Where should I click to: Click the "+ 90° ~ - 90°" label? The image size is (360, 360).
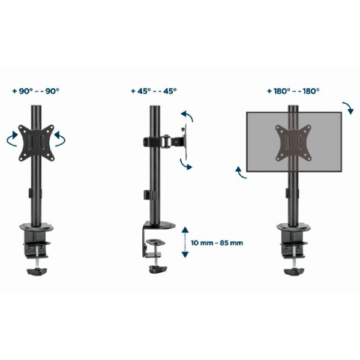(x=36, y=91)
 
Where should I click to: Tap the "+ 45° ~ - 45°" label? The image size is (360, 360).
(x=154, y=91)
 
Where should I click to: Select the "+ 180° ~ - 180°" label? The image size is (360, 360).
(x=293, y=91)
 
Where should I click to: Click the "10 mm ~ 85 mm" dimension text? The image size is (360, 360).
(x=217, y=242)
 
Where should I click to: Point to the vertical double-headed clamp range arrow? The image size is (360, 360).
(x=185, y=242)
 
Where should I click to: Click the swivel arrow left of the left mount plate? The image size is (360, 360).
(x=12, y=139)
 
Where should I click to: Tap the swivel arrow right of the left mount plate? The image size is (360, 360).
(x=60, y=139)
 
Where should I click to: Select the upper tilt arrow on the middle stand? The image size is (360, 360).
(x=187, y=115)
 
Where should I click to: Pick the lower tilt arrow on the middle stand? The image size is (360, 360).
(x=185, y=164)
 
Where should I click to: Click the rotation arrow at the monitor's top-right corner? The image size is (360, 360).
(x=348, y=107)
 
